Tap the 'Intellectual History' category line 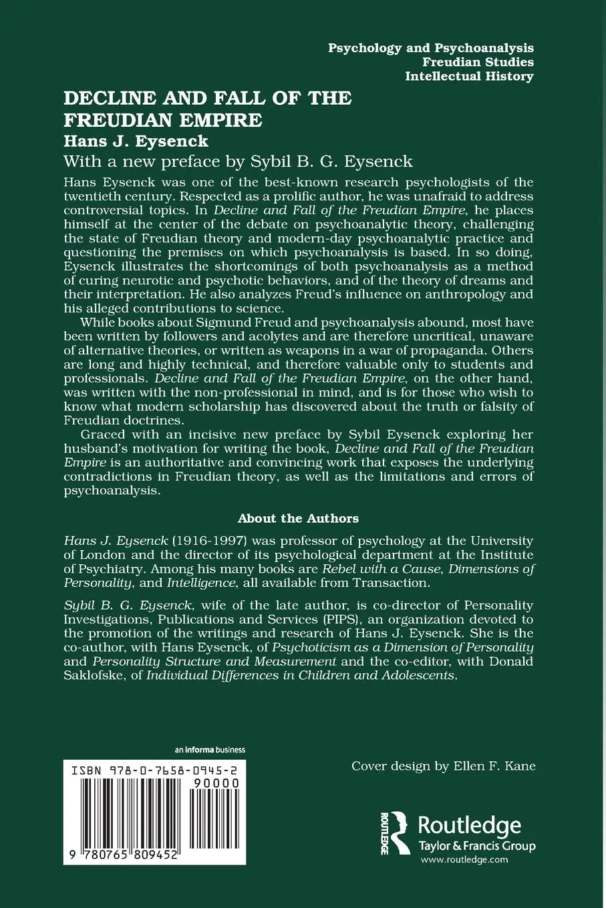click(x=469, y=76)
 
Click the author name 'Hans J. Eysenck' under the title click(x=136, y=141)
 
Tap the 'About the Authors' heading click(x=298, y=518)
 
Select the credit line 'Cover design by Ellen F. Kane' click(x=444, y=766)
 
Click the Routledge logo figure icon click(x=399, y=833)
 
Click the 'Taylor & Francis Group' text click(x=476, y=846)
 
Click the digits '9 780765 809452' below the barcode click(x=121, y=875)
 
